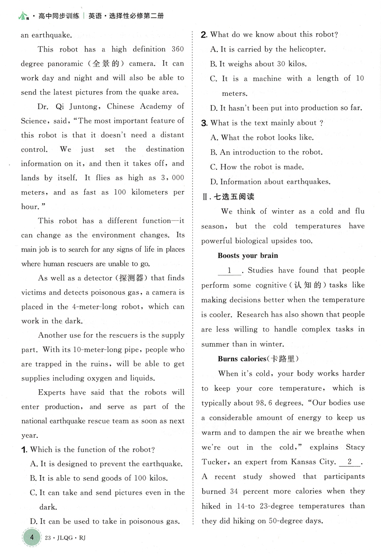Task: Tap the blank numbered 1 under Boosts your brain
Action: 230,271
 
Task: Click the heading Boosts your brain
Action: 247,255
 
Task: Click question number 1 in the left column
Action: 24,450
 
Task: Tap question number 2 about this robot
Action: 204,35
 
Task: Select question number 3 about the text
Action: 204,123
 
